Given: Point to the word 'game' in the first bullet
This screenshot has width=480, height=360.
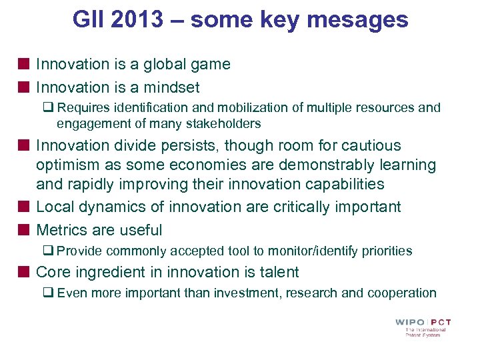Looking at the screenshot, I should click(210, 64).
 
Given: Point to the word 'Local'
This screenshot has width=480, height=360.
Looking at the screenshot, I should click(55, 207).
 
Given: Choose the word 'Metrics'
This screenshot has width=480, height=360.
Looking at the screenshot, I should click(61, 230).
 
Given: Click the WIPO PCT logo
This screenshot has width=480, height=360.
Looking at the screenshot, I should click(423, 327).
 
